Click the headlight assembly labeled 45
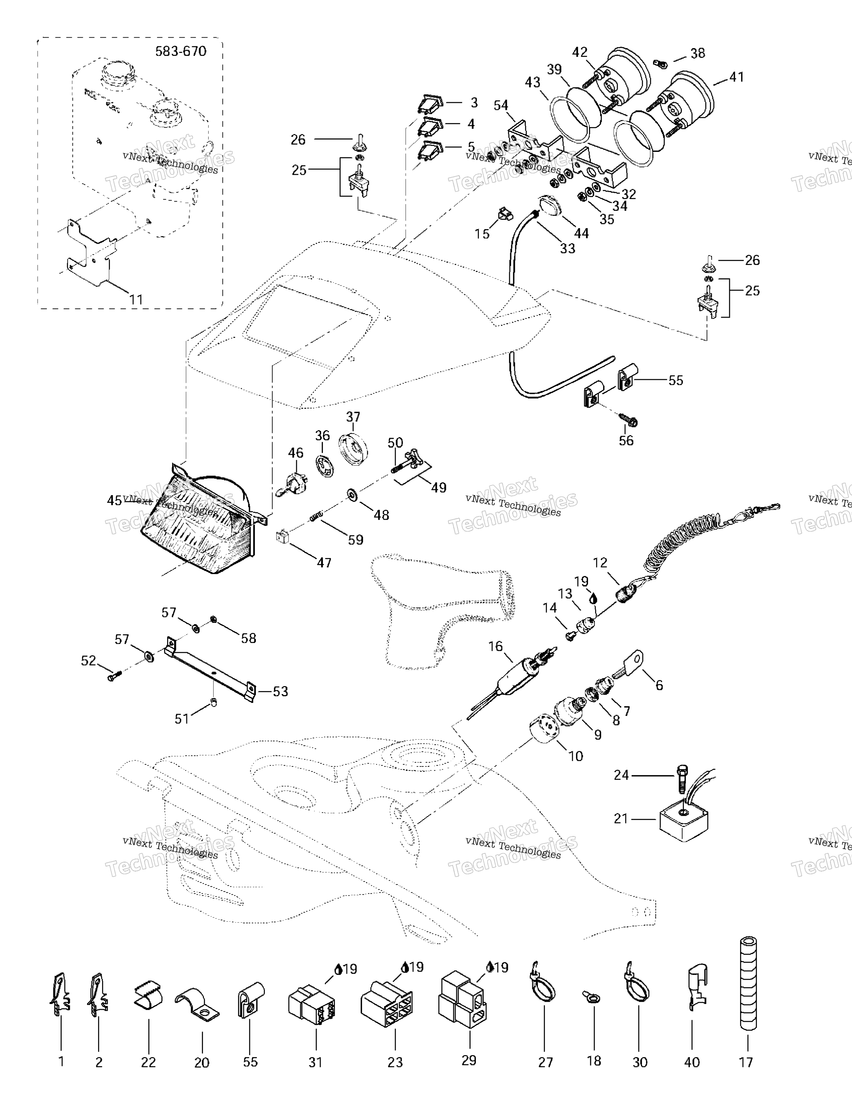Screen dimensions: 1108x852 click(203, 528)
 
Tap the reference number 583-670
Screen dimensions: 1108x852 click(181, 51)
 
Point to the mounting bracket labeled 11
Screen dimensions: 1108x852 click(89, 254)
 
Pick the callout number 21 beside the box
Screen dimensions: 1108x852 click(621, 833)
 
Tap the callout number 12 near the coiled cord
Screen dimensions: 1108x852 click(600, 563)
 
